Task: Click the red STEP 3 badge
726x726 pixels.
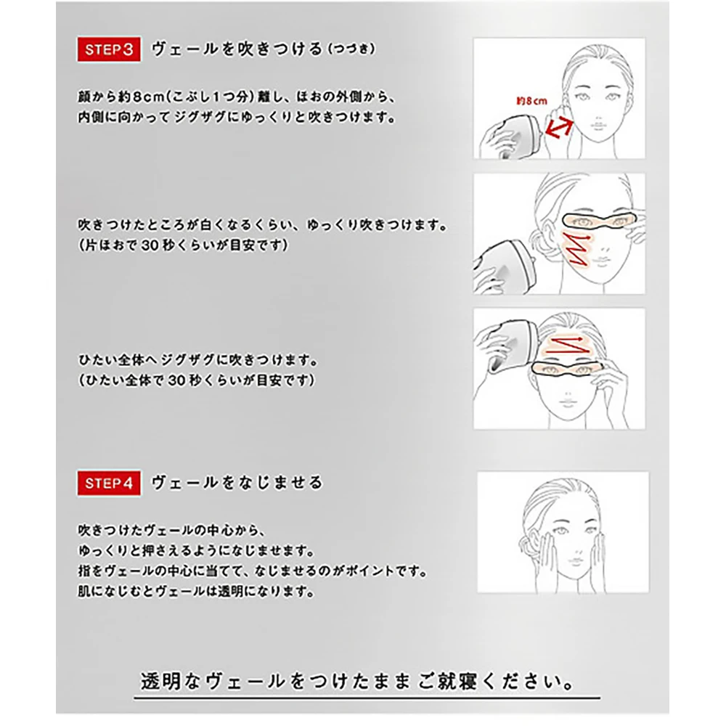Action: click(109, 49)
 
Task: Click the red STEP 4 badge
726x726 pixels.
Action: click(109, 483)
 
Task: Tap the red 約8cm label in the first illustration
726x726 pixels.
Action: click(531, 101)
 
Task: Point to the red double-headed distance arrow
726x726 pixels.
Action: click(559, 128)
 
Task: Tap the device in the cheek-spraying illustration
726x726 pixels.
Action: click(504, 266)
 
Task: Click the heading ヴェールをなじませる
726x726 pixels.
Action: click(237, 483)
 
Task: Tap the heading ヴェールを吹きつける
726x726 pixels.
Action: click(237, 49)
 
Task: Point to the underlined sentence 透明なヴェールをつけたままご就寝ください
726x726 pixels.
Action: click(357, 682)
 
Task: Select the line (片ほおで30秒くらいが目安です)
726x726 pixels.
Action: click(184, 245)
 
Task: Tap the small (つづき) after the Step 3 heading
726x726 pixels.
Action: click(351, 49)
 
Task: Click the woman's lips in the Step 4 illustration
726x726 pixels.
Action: click(575, 562)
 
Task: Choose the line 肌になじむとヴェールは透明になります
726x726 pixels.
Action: click(196, 591)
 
